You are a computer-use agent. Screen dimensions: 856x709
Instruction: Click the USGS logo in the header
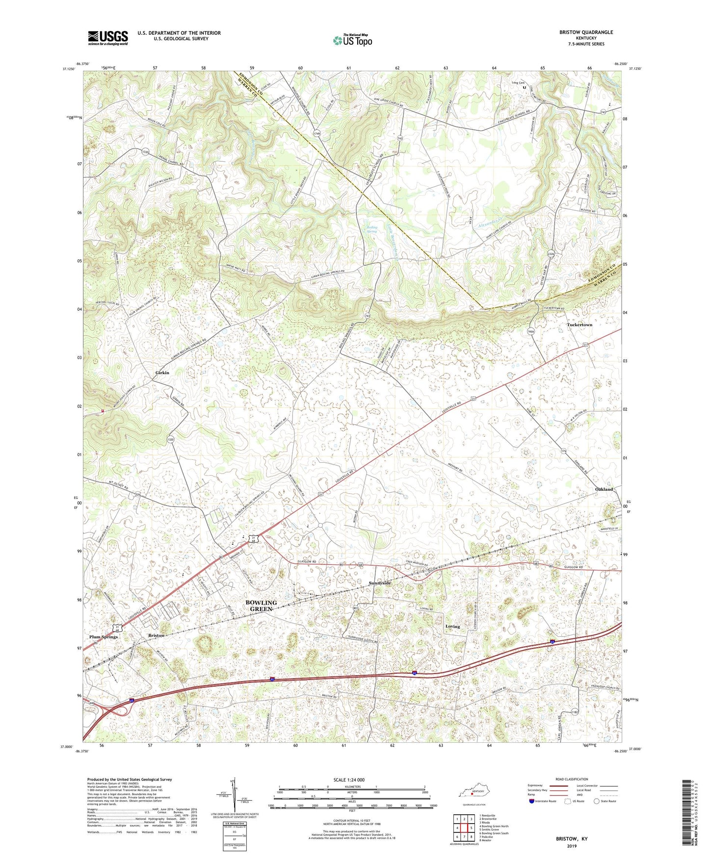tap(108, 38)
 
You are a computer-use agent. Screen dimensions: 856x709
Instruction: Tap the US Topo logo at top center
tap(352, 40)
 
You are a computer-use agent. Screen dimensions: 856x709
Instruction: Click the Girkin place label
tap(162, 373)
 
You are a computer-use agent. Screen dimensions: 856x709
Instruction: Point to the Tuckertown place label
tap(579, 325)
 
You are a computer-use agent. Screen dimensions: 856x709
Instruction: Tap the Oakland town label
tap(604, 489)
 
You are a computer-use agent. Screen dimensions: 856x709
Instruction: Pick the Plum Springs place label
tap(104, 637)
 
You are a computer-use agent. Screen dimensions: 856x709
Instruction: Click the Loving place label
tap(452, 627)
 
